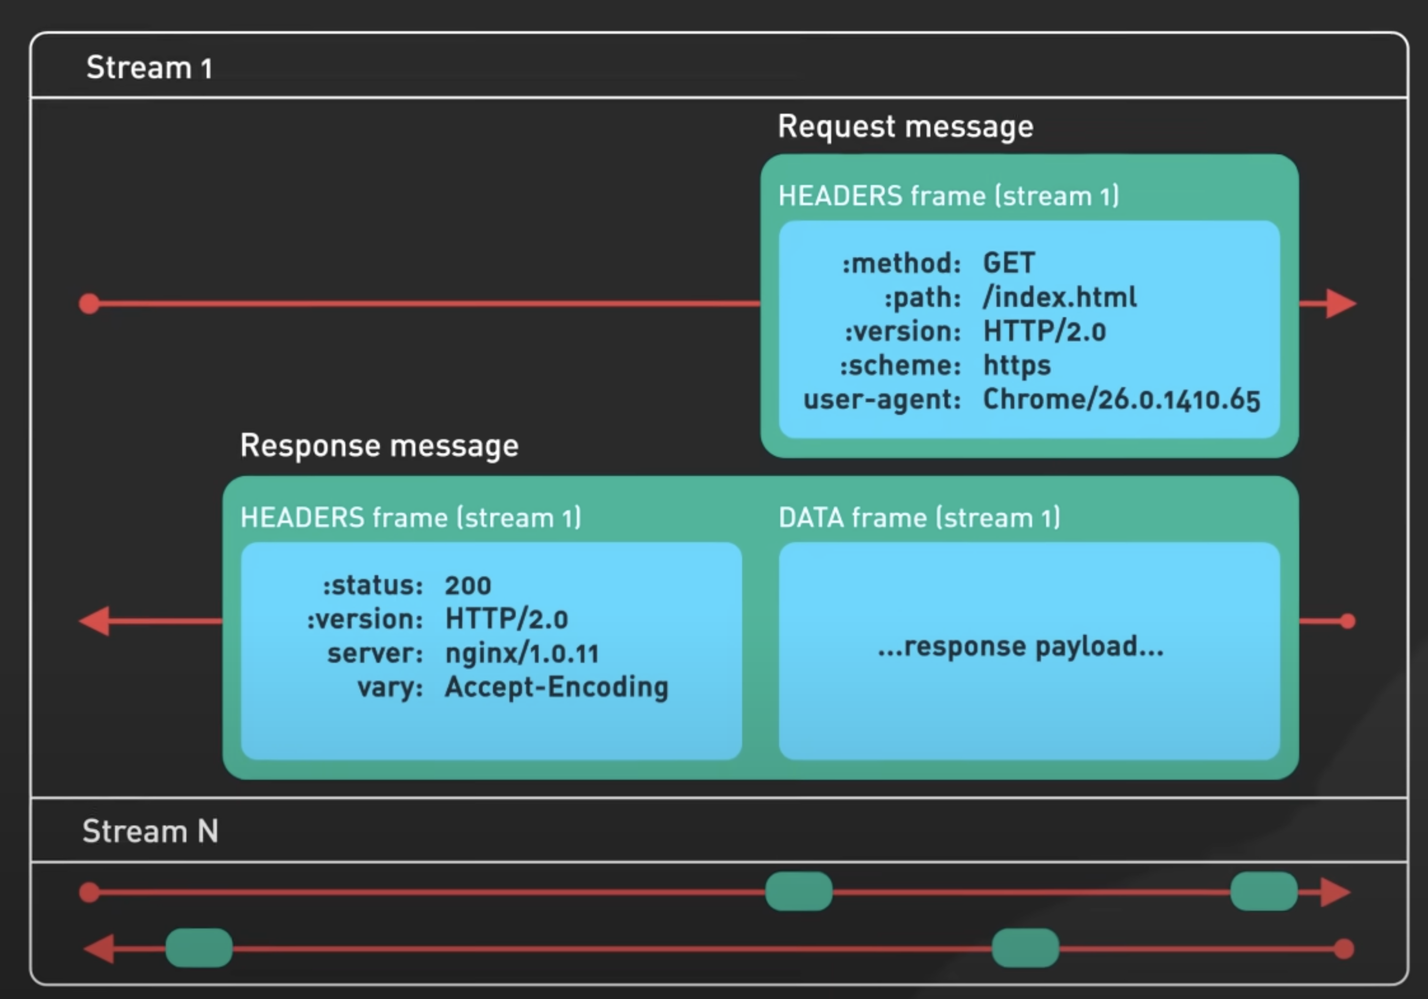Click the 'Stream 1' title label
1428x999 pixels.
[x=149, y=67]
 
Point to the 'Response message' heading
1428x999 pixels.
[x=379, y=445]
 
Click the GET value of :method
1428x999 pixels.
[x=1008, y=263]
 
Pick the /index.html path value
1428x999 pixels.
[x=1059, y=297]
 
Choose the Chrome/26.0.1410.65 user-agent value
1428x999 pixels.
[x=1121, y=399]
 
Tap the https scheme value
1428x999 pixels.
[x=1016, y=366]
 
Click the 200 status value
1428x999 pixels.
[x=468, y=585]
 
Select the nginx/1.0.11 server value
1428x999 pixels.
[x=522, y=653]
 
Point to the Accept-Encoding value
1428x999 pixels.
[x=556, y=687]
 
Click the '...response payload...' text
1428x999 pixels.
[x=1020, y=646]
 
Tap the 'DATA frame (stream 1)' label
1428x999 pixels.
[x=919, y=517]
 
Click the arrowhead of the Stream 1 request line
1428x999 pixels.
[x=1340, y=303]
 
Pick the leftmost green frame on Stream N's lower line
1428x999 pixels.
[x=199, y=948]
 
